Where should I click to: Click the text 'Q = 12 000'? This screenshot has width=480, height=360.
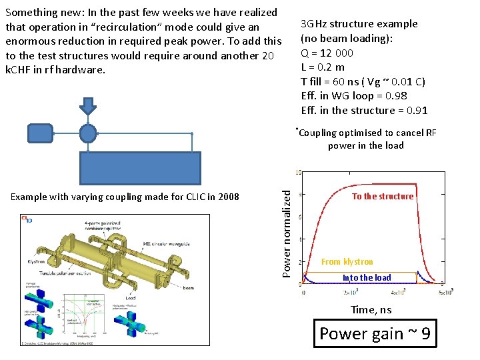pyautogui.click(x=327, y=53)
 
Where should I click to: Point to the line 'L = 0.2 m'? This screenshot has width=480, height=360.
pyautogui.click(x=323, y=67)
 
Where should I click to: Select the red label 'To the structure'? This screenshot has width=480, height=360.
pyautogui.click(x=383, y=196)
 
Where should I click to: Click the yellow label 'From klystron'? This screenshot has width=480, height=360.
pyautogui.click(x=347, y=262)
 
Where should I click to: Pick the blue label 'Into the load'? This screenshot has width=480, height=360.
pyautogui.click(x=366, y=277)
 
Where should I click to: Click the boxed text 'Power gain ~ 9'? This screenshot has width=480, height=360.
pyautogui.click(x=376, y=333)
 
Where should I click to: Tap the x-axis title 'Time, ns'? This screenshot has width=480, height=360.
pyautogui.click(x=371, y=310)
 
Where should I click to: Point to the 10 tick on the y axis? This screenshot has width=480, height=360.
pyautogui.click(x=298, y=173)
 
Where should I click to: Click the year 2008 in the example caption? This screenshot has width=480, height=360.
pyautogui.click(x=227, y=197)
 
